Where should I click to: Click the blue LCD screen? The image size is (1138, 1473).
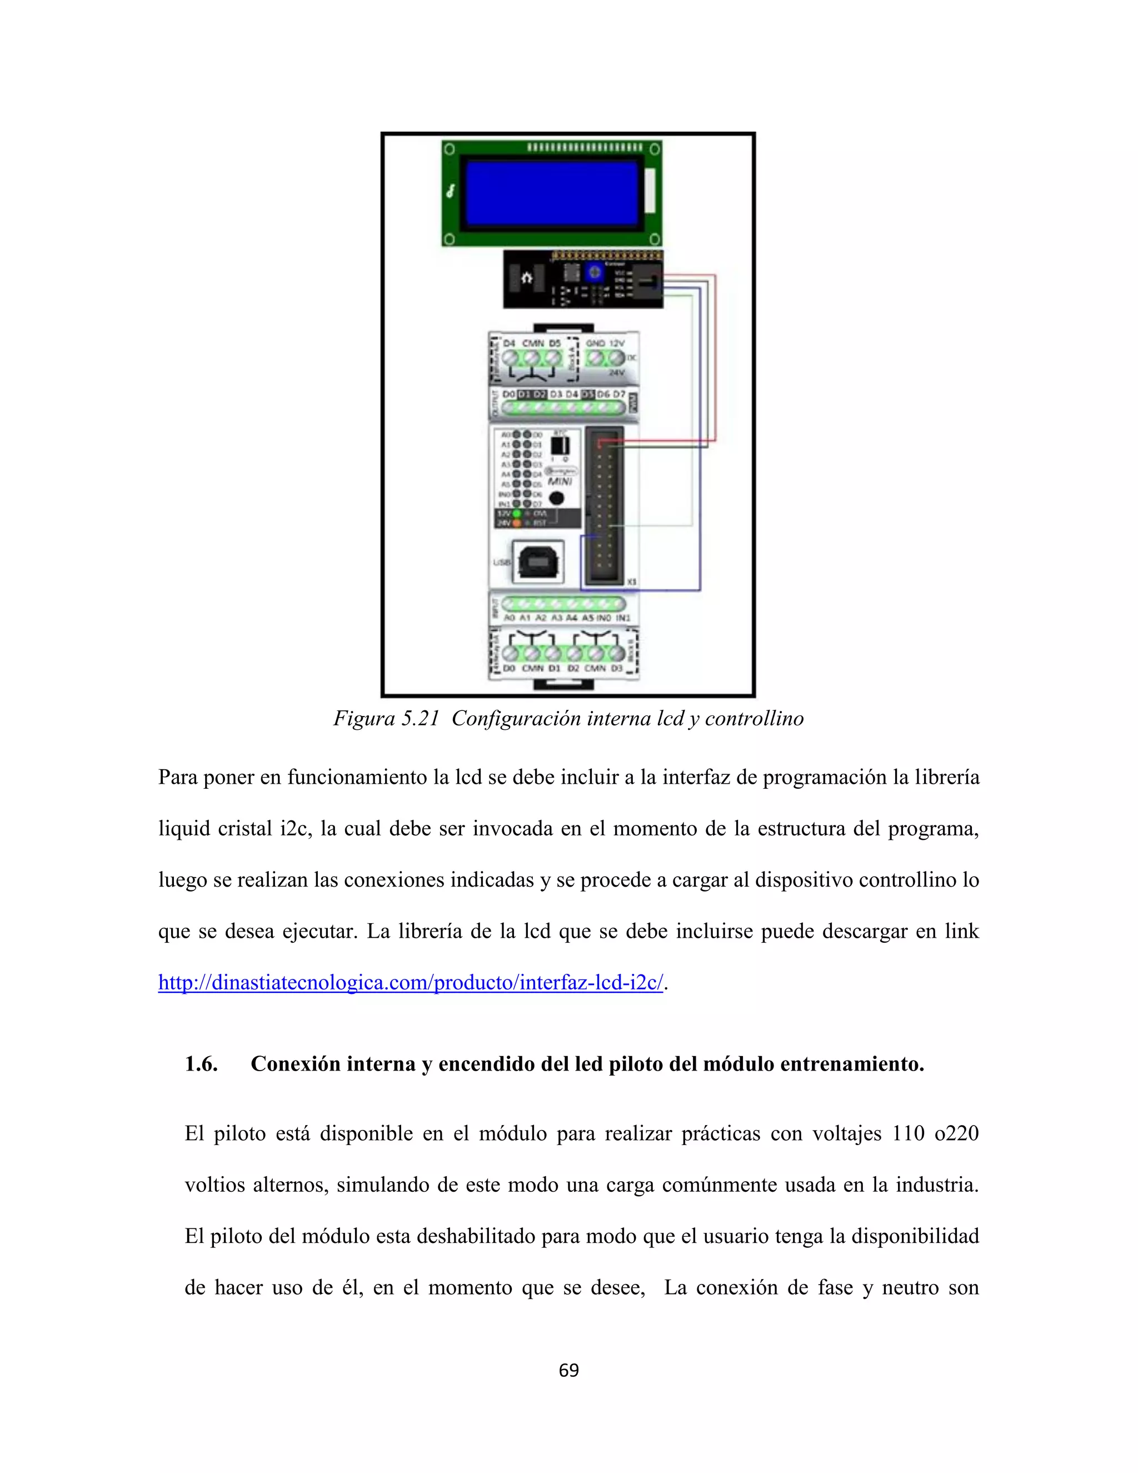(x=551, y=193)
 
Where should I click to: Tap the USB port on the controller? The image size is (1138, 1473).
(x=537, y=561)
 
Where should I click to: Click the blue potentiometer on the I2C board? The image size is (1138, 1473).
(x=594, y=273)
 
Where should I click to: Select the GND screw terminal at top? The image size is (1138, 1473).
(x=595, y=358)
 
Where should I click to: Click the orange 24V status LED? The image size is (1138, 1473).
(x=517, y=522)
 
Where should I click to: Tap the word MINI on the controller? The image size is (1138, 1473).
(x=560, y=481)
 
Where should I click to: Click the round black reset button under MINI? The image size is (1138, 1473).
(x=557, y=499)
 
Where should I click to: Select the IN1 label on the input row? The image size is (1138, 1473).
(x=623, y=618)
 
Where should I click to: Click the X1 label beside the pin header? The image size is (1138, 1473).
(x=632, y=581)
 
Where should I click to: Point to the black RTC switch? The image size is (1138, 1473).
(x=560, y=445)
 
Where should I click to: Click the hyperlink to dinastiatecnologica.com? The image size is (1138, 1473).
(x=411, y=983)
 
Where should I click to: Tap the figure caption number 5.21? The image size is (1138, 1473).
(x=420, y=719)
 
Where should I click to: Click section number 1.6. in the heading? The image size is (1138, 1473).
(x=201, y=1064)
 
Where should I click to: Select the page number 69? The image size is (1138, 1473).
(x=568, y=1384)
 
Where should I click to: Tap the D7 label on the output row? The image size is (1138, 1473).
(x=619, y=394)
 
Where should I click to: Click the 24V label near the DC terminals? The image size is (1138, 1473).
(x=616, y=372)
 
